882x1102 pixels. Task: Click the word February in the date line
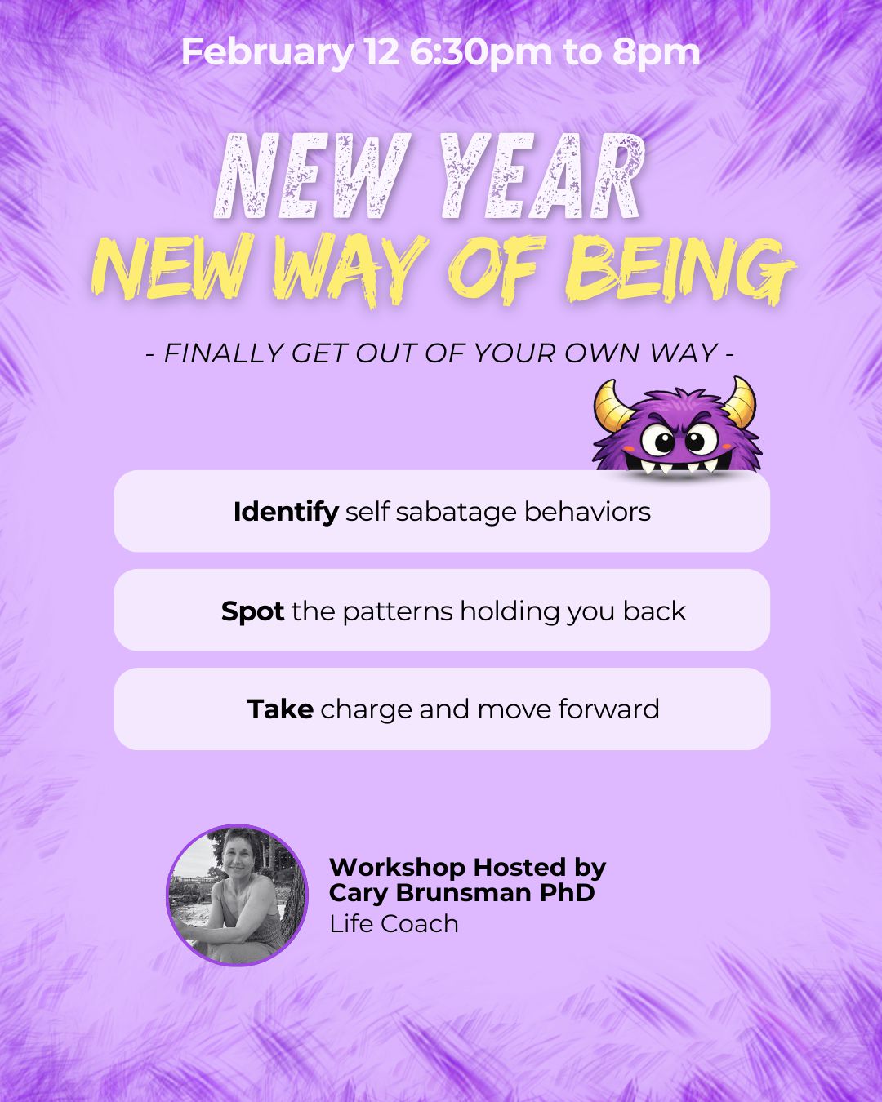(x=266, y=53)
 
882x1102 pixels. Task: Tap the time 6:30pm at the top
(x=481, y=53)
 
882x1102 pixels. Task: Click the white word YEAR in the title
(x=541, y=177)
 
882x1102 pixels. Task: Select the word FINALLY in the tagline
(x=223, y=353)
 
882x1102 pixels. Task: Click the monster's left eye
(x=658, y=440)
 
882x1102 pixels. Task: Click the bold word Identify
(x=286, y=512)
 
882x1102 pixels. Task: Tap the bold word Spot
(x=252, y=611)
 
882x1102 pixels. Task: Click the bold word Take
(x=280, y=709)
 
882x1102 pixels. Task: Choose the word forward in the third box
(x=608, y=709)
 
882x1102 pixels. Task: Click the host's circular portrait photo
(x=238, y=895)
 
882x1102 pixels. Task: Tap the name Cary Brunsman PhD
(x=461, y=893)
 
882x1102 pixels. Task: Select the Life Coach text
(x=394, y=923)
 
